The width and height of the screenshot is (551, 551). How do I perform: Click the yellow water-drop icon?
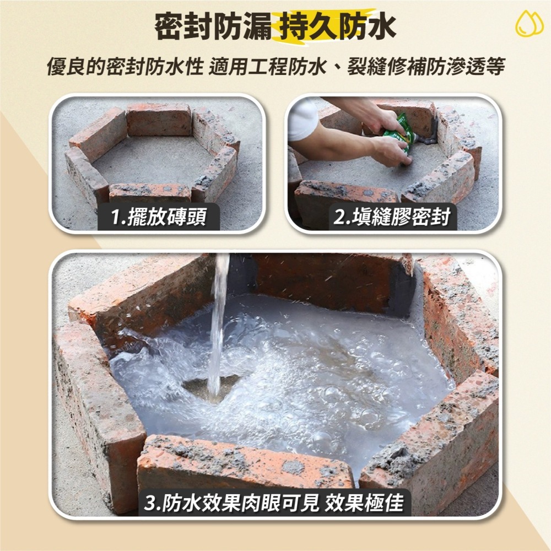[x=529, y=24]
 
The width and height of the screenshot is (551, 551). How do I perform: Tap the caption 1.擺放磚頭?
[x=158, y=218]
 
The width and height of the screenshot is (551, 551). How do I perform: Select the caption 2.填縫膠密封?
[x=392, y=218]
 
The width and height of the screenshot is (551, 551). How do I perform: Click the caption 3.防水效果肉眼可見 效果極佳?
[x=274, y=503]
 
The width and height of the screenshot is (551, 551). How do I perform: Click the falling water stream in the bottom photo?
[x=219, y=320]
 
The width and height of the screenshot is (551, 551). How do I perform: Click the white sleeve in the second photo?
[x=302, y=118]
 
